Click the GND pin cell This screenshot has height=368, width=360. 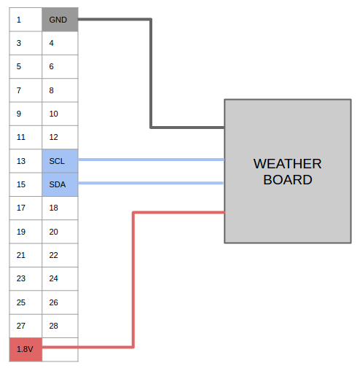(x=60, y=20)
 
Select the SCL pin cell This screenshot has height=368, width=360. (x=60, y=161)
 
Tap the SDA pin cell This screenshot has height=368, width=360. (x=60, y=184)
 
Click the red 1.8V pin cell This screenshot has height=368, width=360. (x=26, y=350)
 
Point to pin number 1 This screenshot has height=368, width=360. (x=19, y=20)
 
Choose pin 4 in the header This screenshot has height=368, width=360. (x=51, y=43)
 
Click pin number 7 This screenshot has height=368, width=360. (x=19, y=90)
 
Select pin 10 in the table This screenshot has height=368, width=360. (x=53, y=114)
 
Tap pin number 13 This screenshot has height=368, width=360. (x=21, y=161)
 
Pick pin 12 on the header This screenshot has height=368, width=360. (x=53, y=137)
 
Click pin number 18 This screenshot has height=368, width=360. (x=53, y=208)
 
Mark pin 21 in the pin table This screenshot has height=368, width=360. (x=21, y=255)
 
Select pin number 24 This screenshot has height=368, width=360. (x=53, y=278)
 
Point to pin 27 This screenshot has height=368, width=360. (x=21, y=326)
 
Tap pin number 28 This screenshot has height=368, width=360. (x=53, y=326)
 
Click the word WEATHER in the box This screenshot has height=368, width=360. (x=287, y=164)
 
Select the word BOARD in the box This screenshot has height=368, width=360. (x=288, y=180)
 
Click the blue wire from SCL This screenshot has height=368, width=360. (x=151, y=160)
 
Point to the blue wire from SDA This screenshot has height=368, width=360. (x=151, y=183)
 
